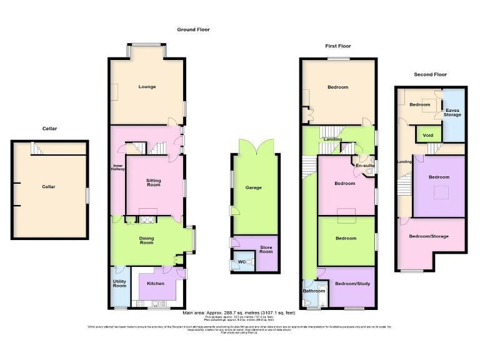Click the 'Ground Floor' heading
click(193, 29)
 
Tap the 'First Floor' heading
click(337, 46)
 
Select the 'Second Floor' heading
click(431, 74)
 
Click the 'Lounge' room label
click(147, 87)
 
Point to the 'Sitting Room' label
click(153, 182)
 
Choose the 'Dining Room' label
click(146, 240)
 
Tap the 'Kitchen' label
click(156, 284)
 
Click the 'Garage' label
click(253, 187)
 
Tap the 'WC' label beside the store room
click(240, 262)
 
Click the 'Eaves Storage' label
click(452, 112)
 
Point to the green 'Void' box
click(428, 135)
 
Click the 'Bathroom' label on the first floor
click(313, 291)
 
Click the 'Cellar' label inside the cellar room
click(49, 187)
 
